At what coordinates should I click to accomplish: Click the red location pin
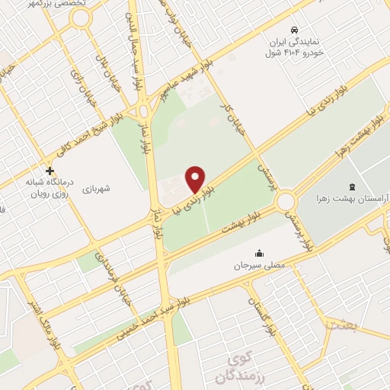(x=196, y=179)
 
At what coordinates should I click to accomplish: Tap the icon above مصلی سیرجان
(x=259, y=254)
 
